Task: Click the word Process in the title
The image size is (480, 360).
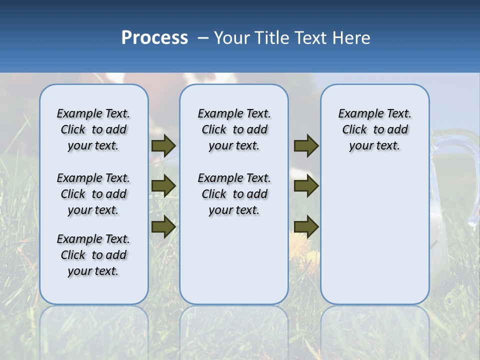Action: tap(154, 38)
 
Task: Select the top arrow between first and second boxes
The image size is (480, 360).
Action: tap(163, 146)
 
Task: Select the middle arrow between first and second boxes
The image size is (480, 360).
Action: tap(163, 186)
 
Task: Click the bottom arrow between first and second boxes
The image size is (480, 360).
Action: tap(163, 227)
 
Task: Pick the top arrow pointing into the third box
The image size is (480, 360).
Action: tap(306, 146)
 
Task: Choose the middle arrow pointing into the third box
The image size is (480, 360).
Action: tap(306, 186)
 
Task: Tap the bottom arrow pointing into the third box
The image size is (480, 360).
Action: tap(306, 227)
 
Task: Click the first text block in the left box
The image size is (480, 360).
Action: tap(93, 129)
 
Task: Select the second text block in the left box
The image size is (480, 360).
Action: tap(93, 194)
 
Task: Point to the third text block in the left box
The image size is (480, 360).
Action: tap(93, 255)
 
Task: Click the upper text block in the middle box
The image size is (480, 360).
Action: tap(234, 129)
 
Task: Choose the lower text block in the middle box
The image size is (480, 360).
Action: tap(234, 194)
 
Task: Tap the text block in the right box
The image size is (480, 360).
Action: tap(375, 129)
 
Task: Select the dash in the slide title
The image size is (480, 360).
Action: tap(203, 38)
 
